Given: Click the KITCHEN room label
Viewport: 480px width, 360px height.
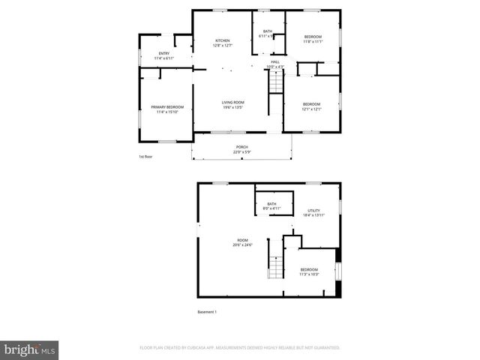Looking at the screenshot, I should [x=223, y=40].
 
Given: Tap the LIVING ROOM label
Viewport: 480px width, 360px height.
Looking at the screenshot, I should [x=232, y=102].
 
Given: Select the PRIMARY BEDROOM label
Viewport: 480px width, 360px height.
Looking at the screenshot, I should [x=167, y=107].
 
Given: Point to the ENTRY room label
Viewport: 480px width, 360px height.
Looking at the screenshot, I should [x=163, y=53].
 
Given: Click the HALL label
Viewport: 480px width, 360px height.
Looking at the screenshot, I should [x=275, y=61].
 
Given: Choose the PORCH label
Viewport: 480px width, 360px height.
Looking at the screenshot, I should [x=241, y=147].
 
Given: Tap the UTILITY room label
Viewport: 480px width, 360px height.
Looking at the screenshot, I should [x=313, y=211].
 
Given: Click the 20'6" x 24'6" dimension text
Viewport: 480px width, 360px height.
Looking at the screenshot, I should [x=243, y=245].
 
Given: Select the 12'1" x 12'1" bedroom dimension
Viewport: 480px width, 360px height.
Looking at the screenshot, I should [x=311, y=109].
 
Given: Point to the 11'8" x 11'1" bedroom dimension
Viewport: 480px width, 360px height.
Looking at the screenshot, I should [x=313, y=42].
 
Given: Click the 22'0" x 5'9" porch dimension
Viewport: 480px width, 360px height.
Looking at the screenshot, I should [x=241, y=152].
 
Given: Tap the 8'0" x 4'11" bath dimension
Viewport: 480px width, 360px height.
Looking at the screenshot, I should [x=271, y=208].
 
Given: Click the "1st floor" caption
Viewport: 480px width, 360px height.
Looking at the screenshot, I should [x=145, y=157].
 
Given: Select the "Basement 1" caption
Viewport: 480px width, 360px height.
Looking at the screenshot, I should [x=207, y=312].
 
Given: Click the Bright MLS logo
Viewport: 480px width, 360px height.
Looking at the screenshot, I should [x=30, y=349].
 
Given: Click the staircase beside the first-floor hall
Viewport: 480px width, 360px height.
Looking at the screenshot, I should [x=277, y=80].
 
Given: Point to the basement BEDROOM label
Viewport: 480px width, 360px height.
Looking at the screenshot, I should [x=309, y=269].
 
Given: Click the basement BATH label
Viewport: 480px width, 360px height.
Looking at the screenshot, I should [x=271, y=203].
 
